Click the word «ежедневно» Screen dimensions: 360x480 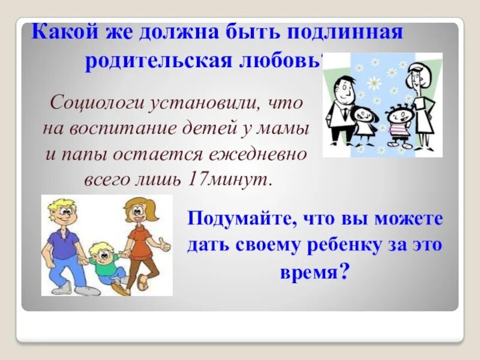259,154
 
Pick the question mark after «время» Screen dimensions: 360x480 344,273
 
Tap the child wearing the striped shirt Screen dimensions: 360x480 396,123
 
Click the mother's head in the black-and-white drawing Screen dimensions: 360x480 416,74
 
